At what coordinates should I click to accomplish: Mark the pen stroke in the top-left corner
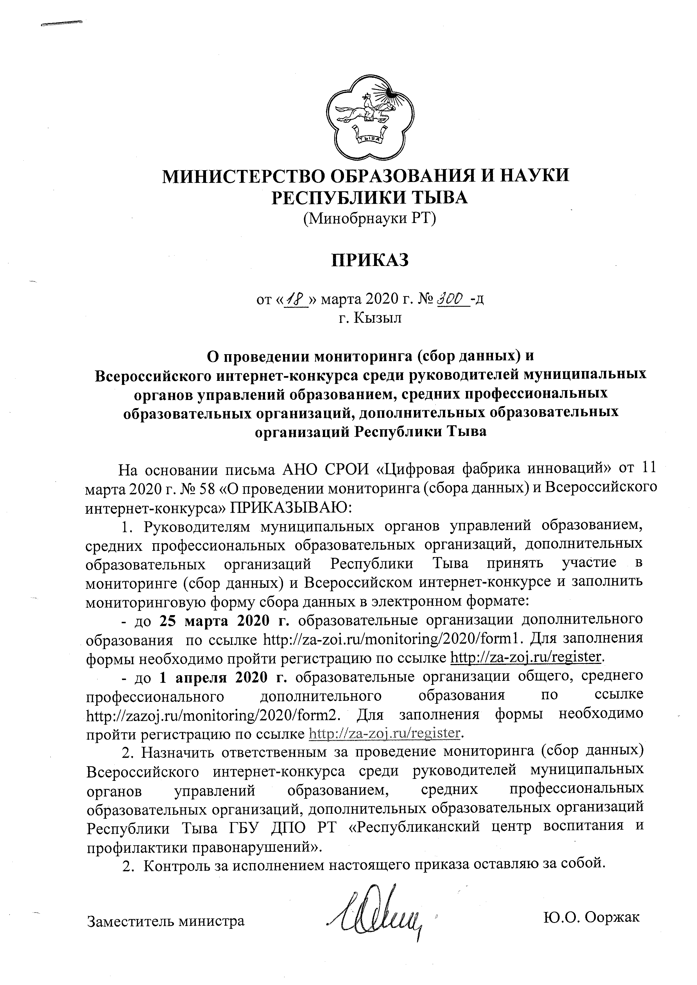pyautogui.click(x=61, y=23)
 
